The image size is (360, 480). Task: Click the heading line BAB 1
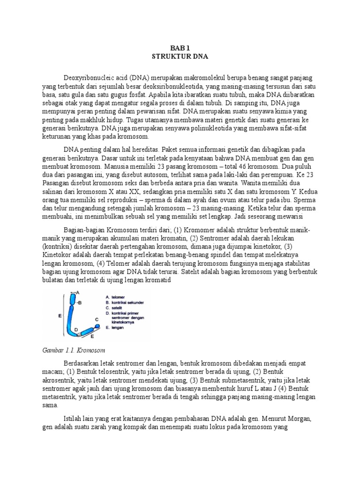[180, 47]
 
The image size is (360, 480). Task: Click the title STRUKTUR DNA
[180, 56]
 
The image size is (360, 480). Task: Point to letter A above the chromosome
[77, 292]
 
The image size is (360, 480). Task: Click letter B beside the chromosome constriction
[80, 303]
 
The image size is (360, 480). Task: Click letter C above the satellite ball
[97, 319]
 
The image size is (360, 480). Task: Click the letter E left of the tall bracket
[60, 316]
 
